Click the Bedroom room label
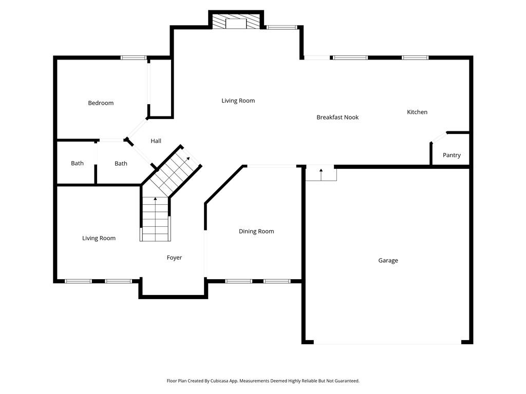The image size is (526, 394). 101,103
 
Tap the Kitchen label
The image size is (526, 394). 417,112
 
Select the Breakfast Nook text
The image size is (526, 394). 337,117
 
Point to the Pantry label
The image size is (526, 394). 452,155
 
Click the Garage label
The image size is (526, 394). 388,261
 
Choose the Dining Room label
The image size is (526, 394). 256,231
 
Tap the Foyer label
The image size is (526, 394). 174,258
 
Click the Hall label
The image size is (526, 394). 156,141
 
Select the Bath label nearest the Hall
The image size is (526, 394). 121,164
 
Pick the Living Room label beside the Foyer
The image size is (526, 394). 99,238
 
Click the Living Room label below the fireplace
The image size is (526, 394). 238,101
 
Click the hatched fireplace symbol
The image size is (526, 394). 236,22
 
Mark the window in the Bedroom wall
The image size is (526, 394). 134,57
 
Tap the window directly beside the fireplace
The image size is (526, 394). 281,27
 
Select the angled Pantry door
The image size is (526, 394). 438,137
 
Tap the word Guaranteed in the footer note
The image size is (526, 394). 346,381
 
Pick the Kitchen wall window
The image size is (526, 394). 415,57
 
